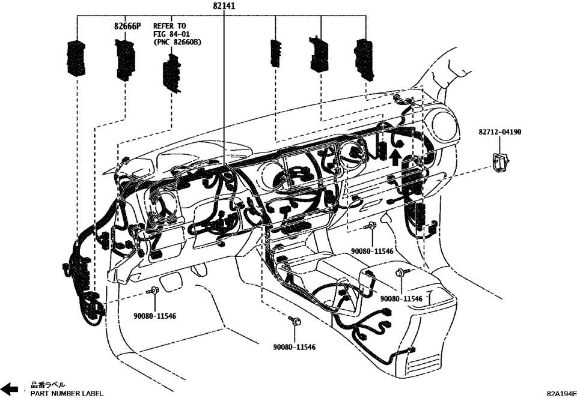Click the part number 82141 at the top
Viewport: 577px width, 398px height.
[224, 6]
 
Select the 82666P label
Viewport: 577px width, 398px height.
[127, 27]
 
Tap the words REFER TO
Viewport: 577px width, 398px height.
[169, 26]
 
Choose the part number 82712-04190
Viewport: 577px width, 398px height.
[500, 131]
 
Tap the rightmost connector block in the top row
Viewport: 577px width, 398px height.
[365, 59]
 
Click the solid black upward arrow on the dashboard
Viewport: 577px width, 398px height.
[394, 157]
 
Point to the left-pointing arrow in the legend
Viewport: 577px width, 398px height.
[10, 388]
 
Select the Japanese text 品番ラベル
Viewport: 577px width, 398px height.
[48, 384]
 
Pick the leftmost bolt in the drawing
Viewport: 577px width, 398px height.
[153, 291]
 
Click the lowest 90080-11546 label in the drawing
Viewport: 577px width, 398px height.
[295, 347]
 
